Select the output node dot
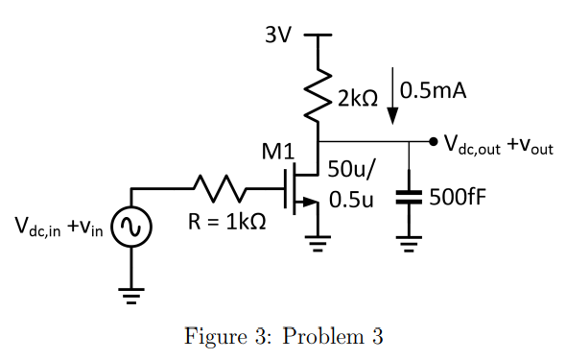click(435, 143)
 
